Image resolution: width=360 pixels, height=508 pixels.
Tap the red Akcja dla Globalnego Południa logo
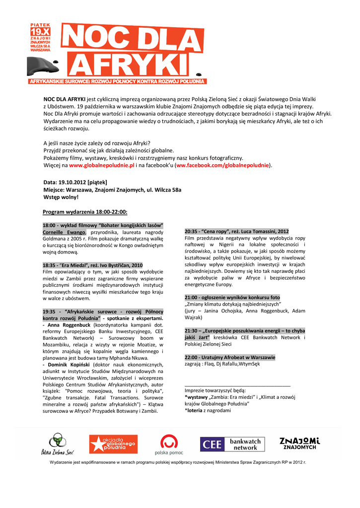click(113, 444)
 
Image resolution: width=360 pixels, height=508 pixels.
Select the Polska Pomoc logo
click(169, 444)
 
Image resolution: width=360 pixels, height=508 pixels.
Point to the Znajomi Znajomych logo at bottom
click(299, 443)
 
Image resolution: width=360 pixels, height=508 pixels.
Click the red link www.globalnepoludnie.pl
click(102, 165)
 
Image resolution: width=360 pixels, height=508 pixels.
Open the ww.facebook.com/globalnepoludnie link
click(223, 165)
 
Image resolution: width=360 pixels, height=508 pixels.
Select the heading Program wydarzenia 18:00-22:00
click(85, 212)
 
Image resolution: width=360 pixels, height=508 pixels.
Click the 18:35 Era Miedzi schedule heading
click(93, 265)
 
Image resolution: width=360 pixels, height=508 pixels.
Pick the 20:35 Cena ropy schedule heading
click(236, 231)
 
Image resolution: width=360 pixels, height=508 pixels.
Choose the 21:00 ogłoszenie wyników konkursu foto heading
click(232, 297)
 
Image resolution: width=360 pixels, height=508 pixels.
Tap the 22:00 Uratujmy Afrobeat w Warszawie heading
click(230, 357)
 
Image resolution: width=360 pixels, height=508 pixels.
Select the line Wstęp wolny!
click(61, 197)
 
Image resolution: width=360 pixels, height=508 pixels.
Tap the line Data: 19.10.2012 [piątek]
click(75, 182)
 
